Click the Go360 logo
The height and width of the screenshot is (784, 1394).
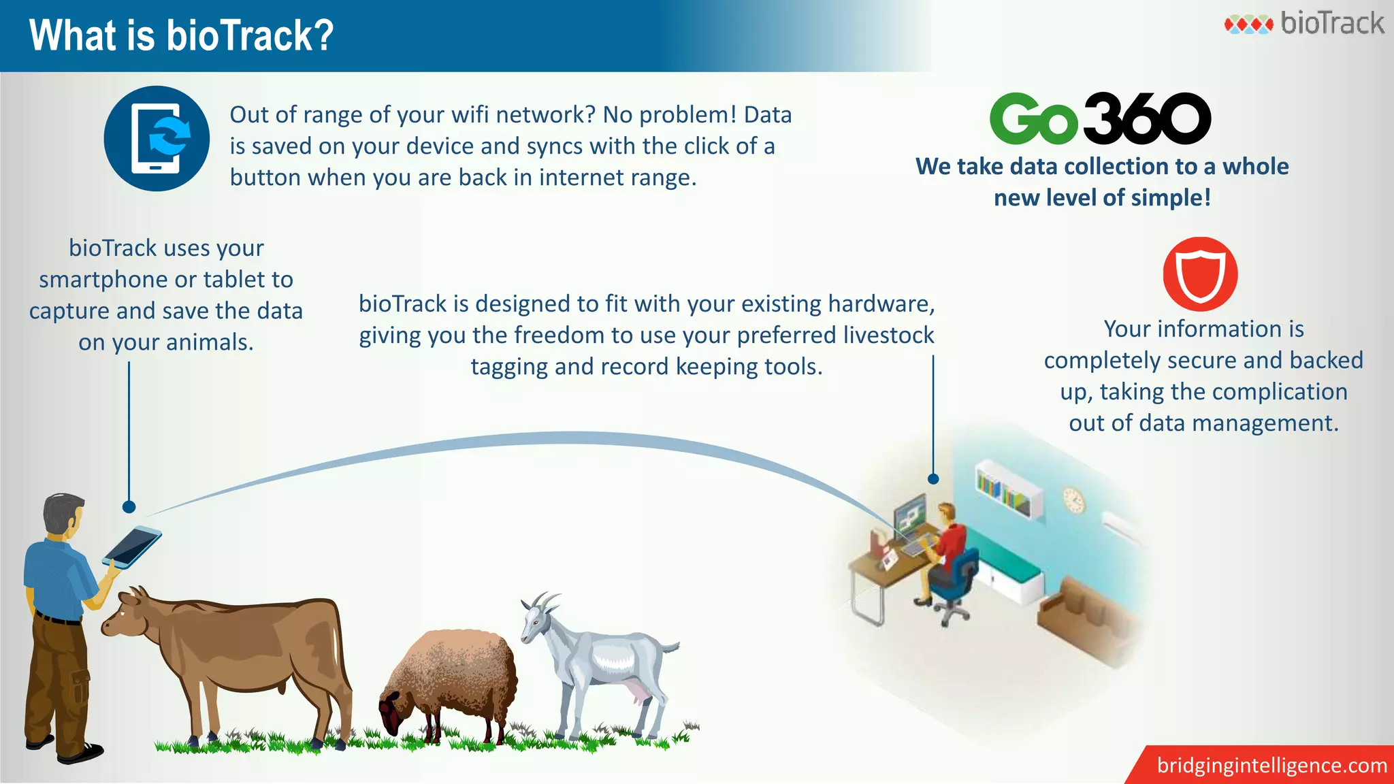tap(1100, 119)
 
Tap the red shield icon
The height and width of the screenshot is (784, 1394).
tap(1200, 274)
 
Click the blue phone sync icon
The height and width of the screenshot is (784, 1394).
tap(157, 138)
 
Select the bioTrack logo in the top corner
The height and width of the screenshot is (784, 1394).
tap(1304, 24)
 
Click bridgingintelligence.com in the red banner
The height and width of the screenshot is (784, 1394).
tap(1271, 765)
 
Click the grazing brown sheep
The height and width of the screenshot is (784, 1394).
tap(449, 681)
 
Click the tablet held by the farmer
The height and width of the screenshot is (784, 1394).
tap(132, 546)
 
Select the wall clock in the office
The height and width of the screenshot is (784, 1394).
tap(1073, 500)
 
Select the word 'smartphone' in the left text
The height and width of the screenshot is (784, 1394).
tap(103, 280)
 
